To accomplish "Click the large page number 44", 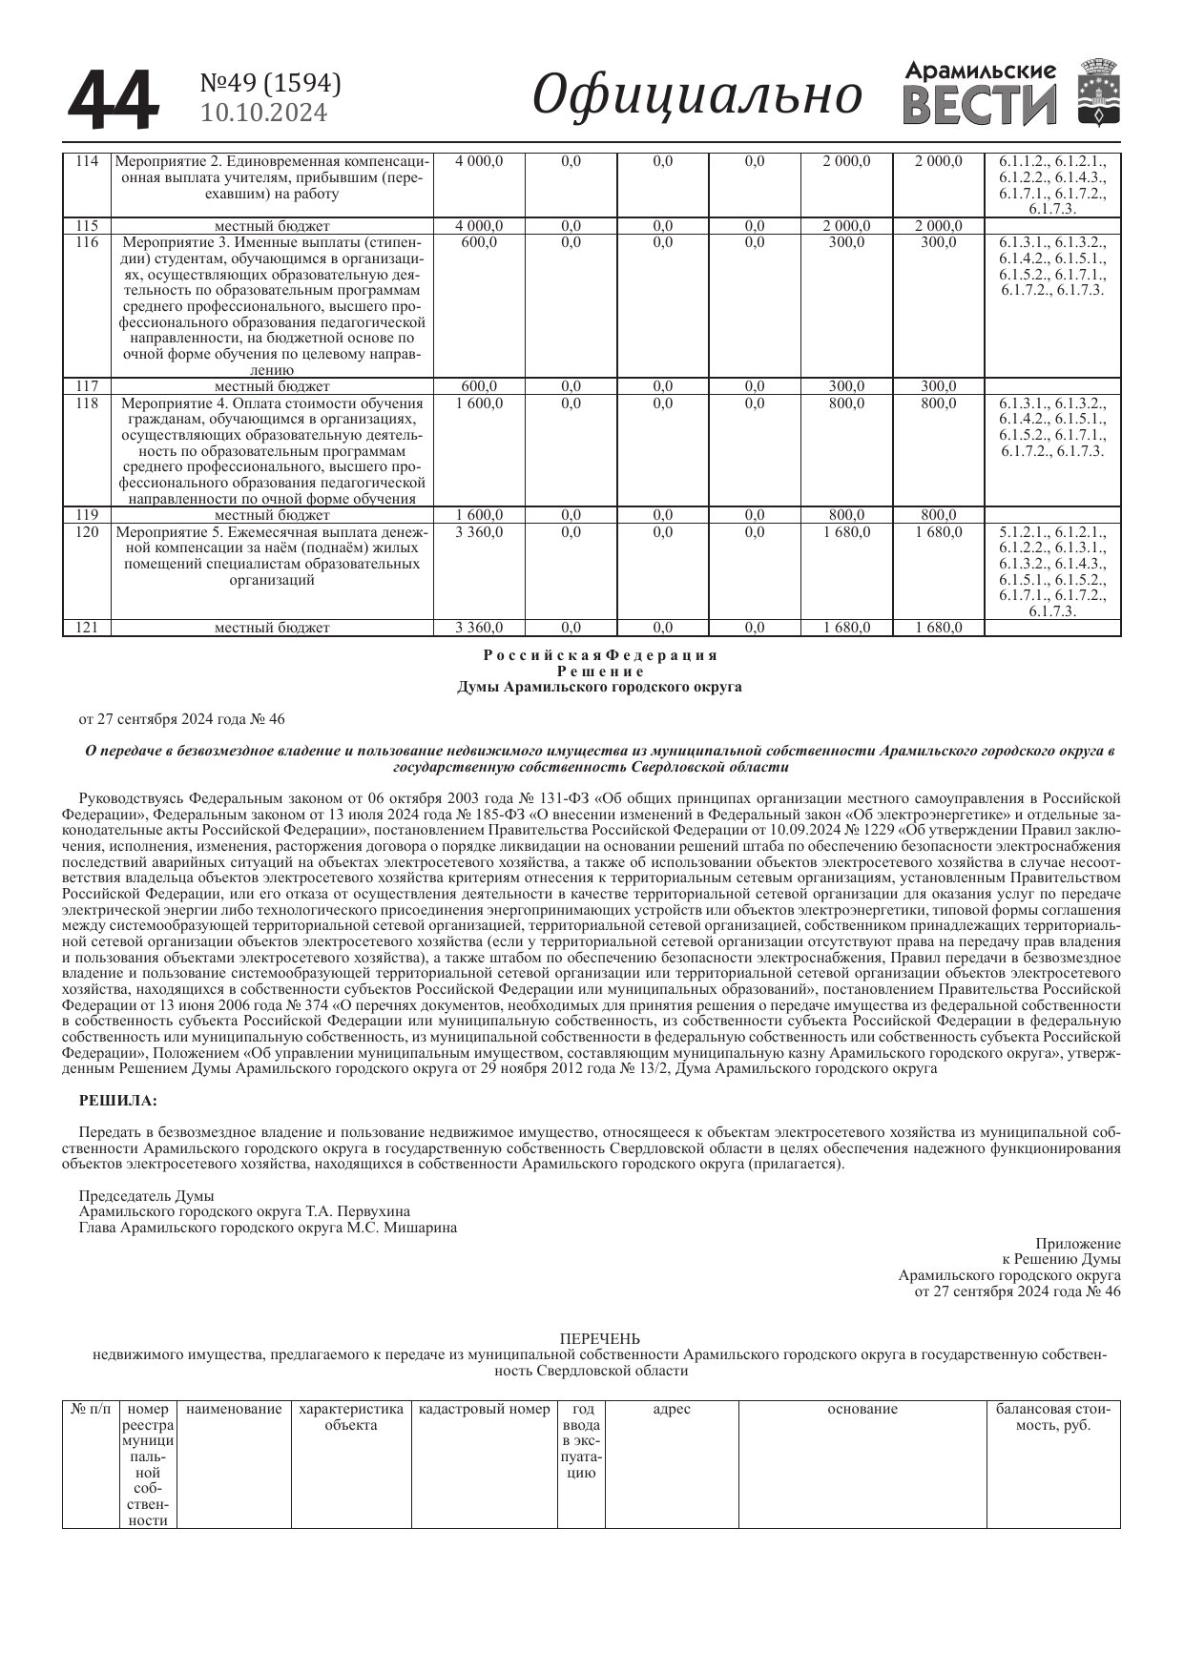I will [112, 100].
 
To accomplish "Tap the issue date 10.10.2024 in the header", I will [263, 114].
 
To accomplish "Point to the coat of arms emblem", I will [1099, 93].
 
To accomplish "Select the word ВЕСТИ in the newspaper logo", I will [979, 106].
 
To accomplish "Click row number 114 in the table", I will [87, 161].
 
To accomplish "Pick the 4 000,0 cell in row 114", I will [479, 161].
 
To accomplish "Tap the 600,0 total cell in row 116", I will [479, 242].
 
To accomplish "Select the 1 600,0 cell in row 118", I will [479, 403].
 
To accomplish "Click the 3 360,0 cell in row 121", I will [479, 628].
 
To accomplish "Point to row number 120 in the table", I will [87, 531].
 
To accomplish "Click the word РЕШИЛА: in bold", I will [117, 1101].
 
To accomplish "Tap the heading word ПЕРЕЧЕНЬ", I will [600, 1339].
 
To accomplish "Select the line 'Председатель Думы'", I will [146, 1196].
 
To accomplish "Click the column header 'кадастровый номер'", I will [485, 1409].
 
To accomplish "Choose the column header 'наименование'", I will [234, 1409].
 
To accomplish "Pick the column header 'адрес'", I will [672, 1409].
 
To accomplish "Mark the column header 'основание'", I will [862, 1409].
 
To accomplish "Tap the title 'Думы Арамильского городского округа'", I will [599, 687].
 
